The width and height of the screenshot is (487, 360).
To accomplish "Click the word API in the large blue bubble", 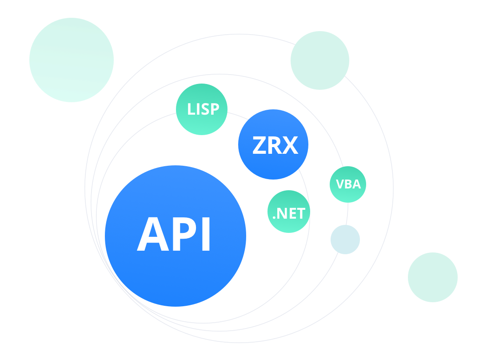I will click(x=174, y=235).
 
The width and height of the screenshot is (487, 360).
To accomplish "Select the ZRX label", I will click(x=275, y=145).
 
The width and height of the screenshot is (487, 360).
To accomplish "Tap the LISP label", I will click(x=203, y=109).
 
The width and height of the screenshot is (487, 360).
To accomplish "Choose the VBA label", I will click(x=348, y=184).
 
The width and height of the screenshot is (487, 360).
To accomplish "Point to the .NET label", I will click(x=289, y=214).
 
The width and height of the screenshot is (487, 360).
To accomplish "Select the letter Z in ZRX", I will click(x=259, y=145).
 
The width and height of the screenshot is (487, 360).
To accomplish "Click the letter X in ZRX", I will click(x=290, y=145).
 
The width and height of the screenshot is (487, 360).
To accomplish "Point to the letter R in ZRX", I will click(x=275, y=145).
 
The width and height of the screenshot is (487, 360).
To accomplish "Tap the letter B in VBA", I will click(x=348, y=184).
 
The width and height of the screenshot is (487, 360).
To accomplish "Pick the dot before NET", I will click(x=274, y=218).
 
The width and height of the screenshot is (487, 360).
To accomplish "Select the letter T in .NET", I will click(x=301, y=214).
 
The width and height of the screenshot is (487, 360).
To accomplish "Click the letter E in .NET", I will click(x=292, y=214).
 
